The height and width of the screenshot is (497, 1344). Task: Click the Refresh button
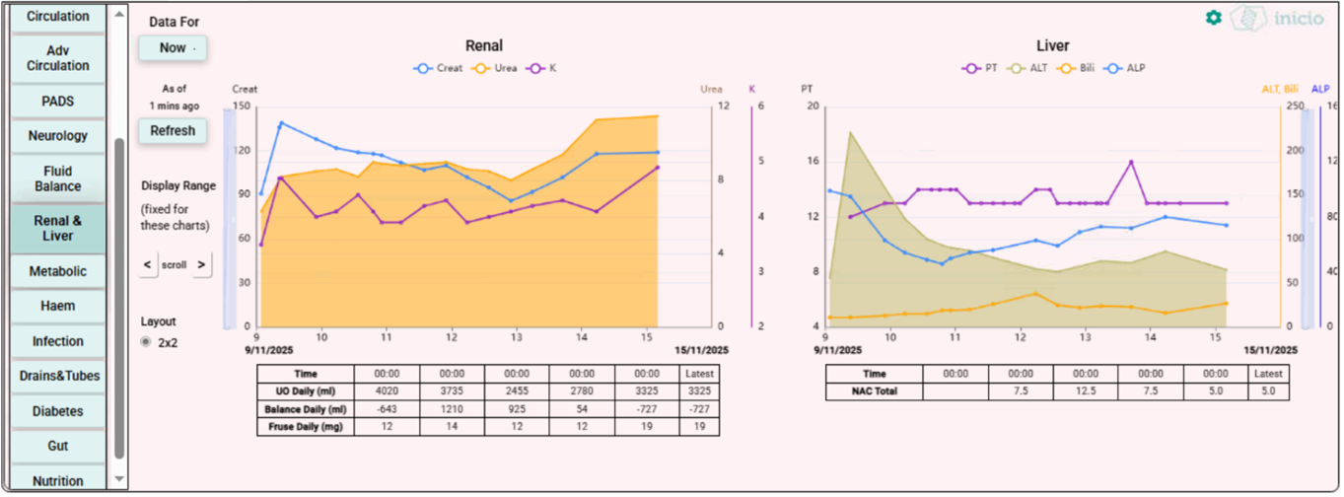click(173, 130)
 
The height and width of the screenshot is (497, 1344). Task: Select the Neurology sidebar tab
click(57, 136)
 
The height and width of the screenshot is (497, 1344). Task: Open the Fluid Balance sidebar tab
click(57, 178)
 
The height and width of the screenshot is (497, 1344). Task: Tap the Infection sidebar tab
click(57, 341)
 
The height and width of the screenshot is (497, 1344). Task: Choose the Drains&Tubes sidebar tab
click(57, 376)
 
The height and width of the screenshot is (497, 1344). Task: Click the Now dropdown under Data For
click(173, 47)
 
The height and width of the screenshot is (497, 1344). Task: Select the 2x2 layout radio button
click(146, 342)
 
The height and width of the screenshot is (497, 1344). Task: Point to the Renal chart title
click(483, 45)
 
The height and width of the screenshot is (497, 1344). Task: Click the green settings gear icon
click(1213, 18)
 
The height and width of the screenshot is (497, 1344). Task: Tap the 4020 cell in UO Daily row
click(387, 391)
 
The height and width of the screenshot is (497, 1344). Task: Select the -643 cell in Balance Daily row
click(387, 409)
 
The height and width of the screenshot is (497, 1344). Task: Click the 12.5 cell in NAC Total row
click(1086, 391)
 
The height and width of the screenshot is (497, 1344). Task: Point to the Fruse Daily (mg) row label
click(303, 427)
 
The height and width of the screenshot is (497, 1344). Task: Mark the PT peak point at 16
click(1131, 162)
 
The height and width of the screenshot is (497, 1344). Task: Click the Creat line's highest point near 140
click(281, 123)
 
